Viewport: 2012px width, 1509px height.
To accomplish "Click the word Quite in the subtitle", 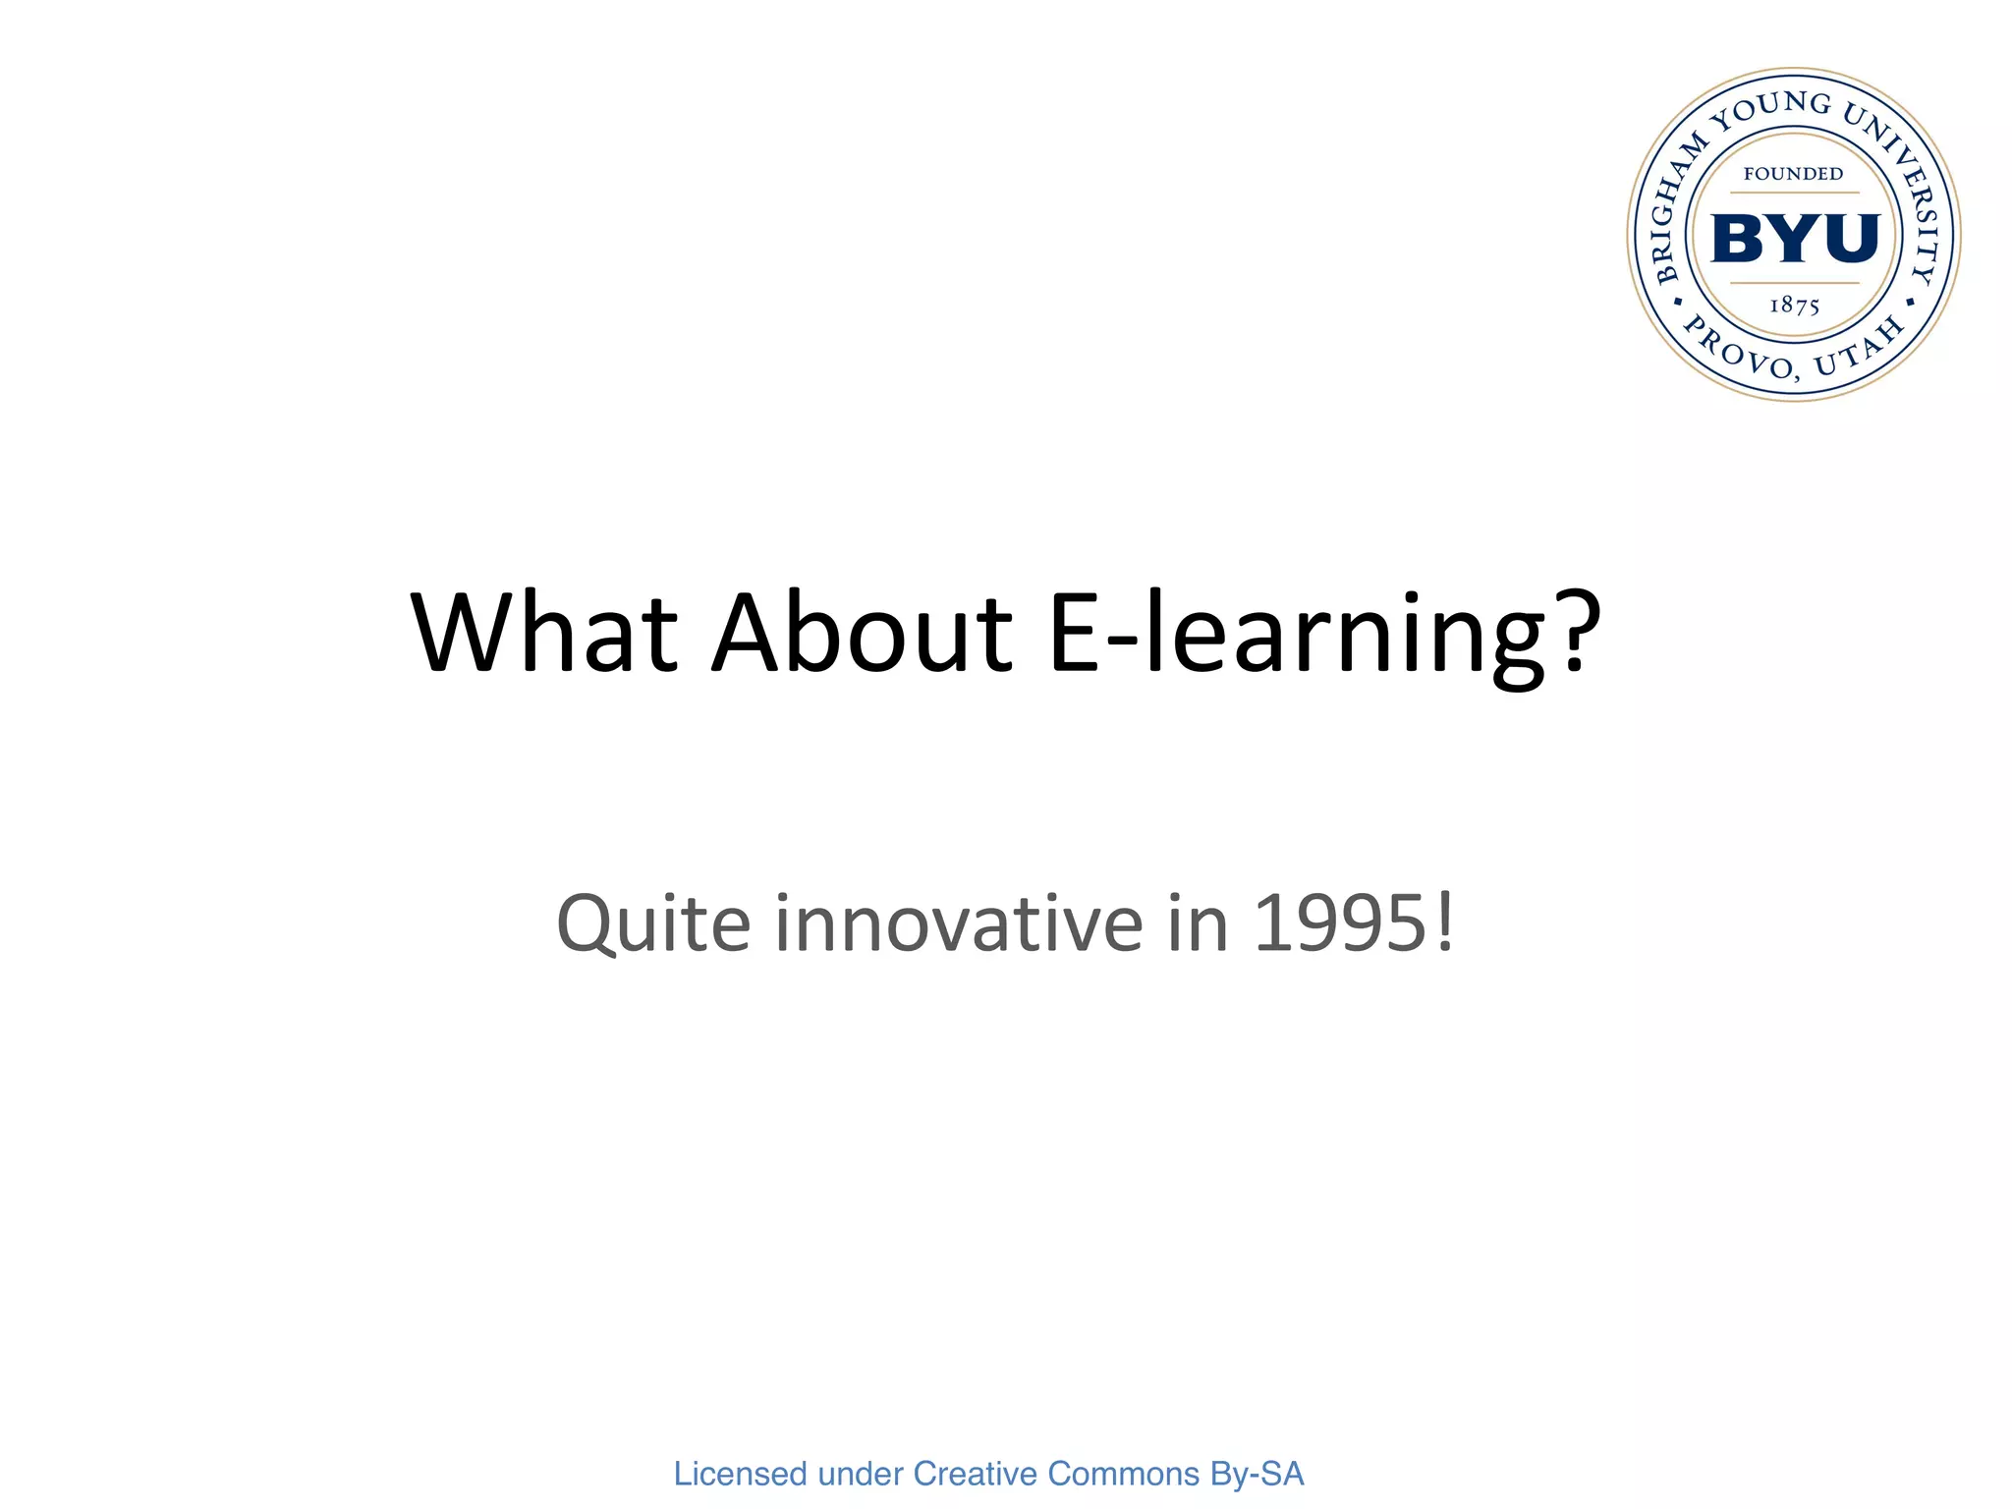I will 653,924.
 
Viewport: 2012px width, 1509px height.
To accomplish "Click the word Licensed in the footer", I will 740,1474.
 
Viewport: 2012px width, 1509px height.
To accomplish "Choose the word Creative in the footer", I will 975,1474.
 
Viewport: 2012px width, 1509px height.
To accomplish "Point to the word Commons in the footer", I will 1124,1474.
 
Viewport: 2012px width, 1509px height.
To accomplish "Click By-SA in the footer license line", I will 1257,1474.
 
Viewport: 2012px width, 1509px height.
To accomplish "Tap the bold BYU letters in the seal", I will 1794,239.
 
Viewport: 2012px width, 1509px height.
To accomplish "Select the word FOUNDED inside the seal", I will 1793,174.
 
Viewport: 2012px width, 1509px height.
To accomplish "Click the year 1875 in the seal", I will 1794,306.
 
